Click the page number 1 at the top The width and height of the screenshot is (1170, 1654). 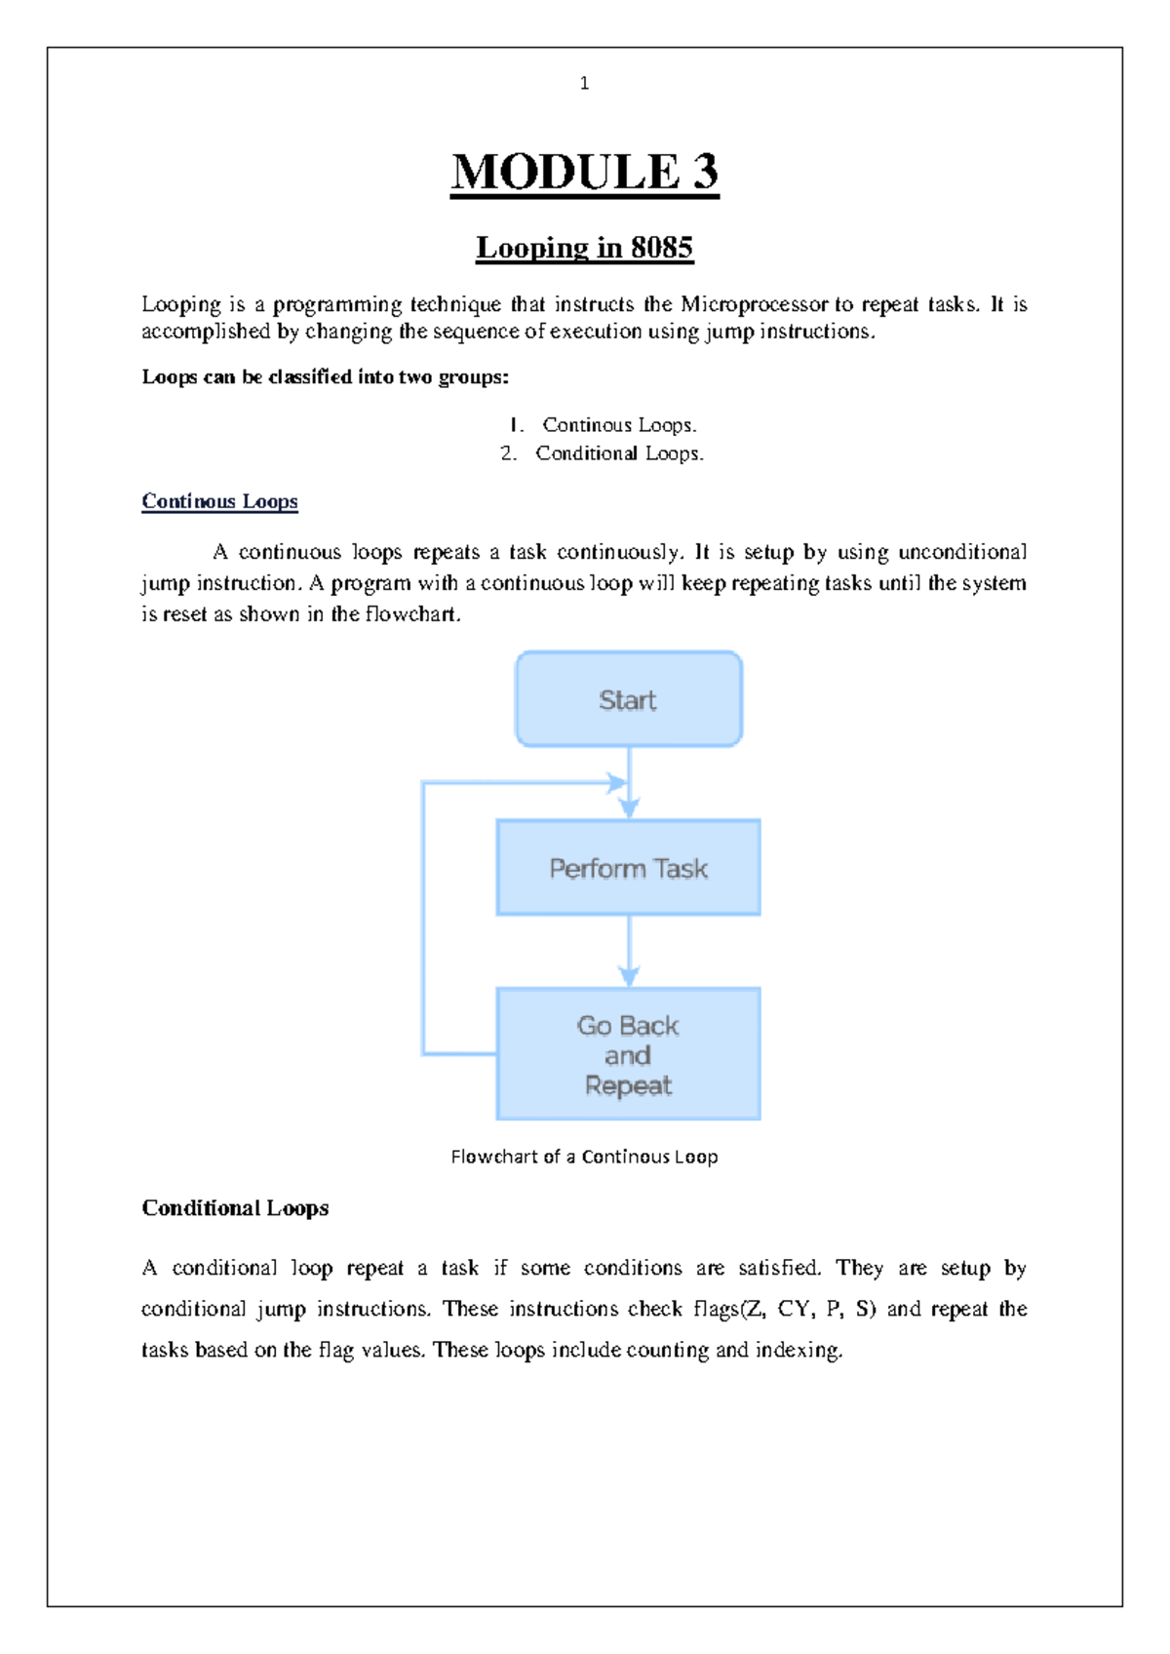point(584,84)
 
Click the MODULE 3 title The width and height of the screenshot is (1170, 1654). point(584,173)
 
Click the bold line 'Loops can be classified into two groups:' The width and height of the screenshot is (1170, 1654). point(326,377)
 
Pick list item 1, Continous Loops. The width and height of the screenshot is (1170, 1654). point(619,425)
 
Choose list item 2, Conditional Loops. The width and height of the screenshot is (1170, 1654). point(619,453)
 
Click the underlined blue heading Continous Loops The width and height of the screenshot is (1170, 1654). point(219,501)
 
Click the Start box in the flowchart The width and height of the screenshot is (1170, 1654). point(628,700)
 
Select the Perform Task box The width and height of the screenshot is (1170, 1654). point(628,868)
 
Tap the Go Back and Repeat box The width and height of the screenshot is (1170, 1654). point(628,1055)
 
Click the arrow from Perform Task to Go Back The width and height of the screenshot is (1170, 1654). point(629,951)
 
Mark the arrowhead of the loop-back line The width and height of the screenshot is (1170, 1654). point(616,782)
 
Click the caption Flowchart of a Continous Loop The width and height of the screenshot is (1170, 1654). point(584,1157)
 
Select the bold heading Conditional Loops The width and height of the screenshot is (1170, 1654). point(235,1208)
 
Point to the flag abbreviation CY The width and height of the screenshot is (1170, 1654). point(794,1309)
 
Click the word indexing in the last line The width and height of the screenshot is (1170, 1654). point(799,1351)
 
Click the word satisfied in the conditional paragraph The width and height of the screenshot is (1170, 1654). point(779,1268)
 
